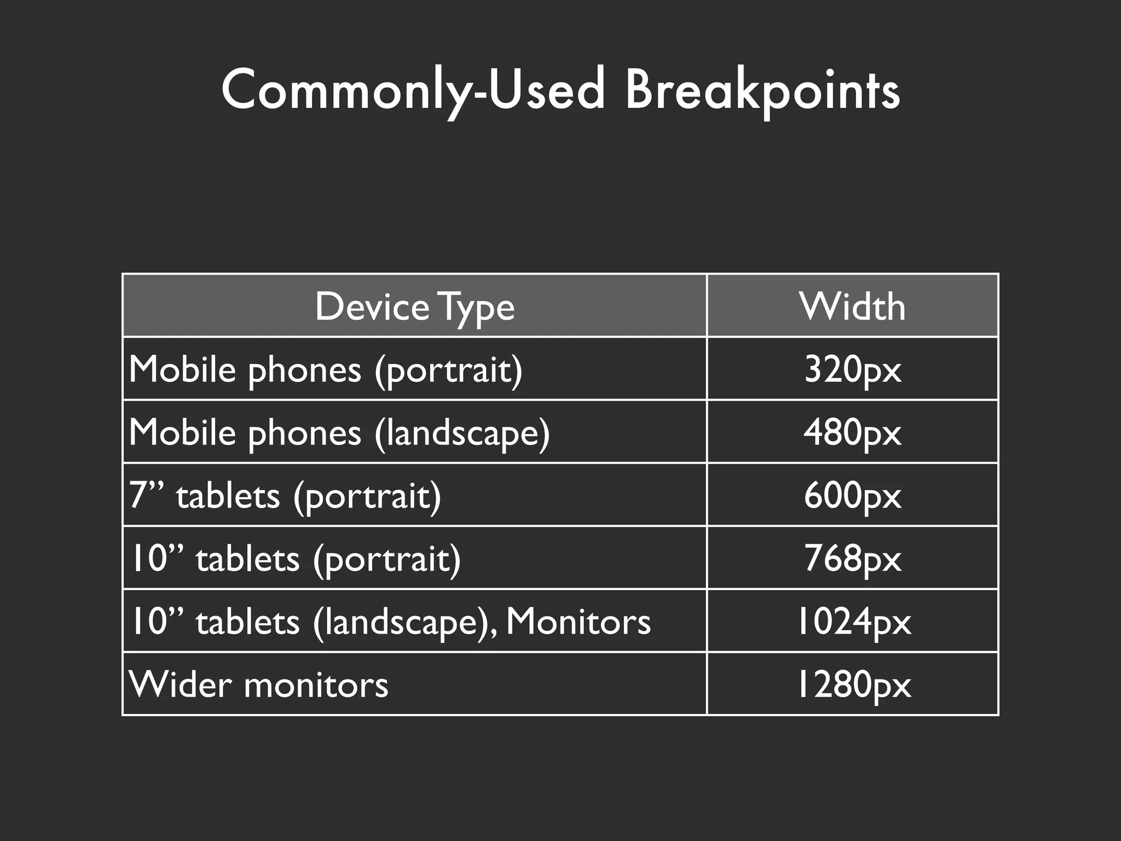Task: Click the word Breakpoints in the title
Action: pyautogui.click(x=762, y=90)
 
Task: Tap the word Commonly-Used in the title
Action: pyautogui.click(x=413, y=90)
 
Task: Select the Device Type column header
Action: pyautogui.click(x=414, y=307)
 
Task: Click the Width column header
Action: pyautogui.click(x=852, y=307)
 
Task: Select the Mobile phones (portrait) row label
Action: pyautogui.click(x=326, y=370)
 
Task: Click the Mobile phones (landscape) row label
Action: pyautogui.click(x=339, y=433)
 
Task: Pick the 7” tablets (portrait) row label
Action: pyautogui.click(x=285, y=496)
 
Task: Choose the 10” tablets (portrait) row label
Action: pyautogui.click(x=296, y=559)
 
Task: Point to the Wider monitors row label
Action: pyautogui.click(x=259, y=685)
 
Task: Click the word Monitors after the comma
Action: pyautogui.click(x=578, y=622)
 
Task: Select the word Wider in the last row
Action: pyautogui.click(x=181, y=685)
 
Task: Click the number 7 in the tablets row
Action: pyautogui.click(x=136, y=495)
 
